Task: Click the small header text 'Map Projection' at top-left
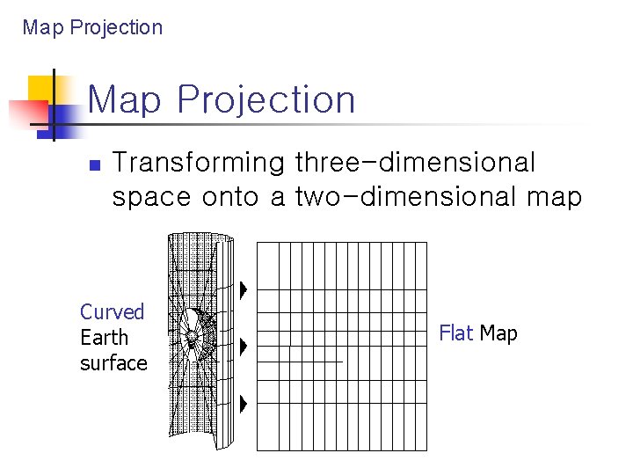click(92, 27)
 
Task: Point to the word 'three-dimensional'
click(415, 163)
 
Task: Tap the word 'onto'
click(231, 196)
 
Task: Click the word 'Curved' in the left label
click(112, 311)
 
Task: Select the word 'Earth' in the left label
click(104, 338)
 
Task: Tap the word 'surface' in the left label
click(113, 363)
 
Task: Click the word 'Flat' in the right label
click(456, 333)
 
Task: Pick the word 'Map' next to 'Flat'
click(498, 333)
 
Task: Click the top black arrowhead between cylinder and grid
click(244, 289)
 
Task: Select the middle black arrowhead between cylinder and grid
click(244, 346)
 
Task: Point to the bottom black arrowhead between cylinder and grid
click(244, 404)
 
